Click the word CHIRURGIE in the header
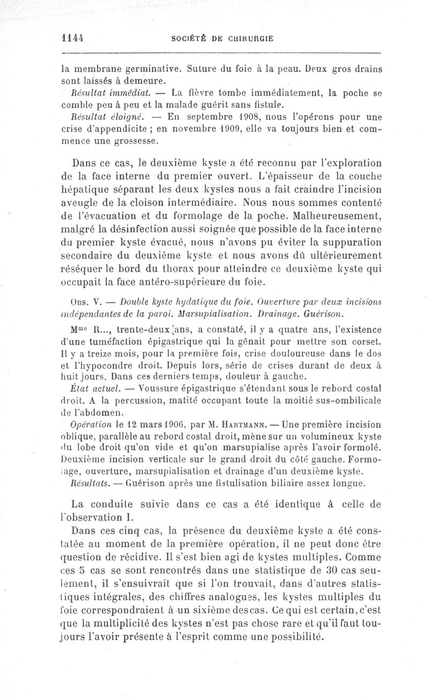(252, 39)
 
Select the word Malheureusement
(337, 216)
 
